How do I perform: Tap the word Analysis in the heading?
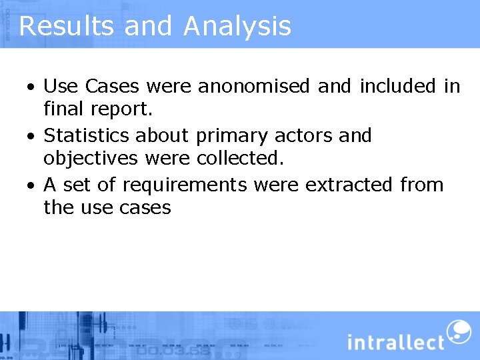tap(237, 26)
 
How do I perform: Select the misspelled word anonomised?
tap(254, 87)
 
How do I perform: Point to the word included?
tap(398, 87)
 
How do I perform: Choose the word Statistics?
tap(87, 135)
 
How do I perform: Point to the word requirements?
tap(184, 185)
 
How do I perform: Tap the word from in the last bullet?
tap(422, 184)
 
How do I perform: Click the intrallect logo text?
tap(396, 342)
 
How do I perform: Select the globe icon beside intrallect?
tap(458, 331)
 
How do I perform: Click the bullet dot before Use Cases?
tap(31, 88)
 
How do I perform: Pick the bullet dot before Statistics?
tap(31, 137)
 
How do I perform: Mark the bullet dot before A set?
tap(31, 185)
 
